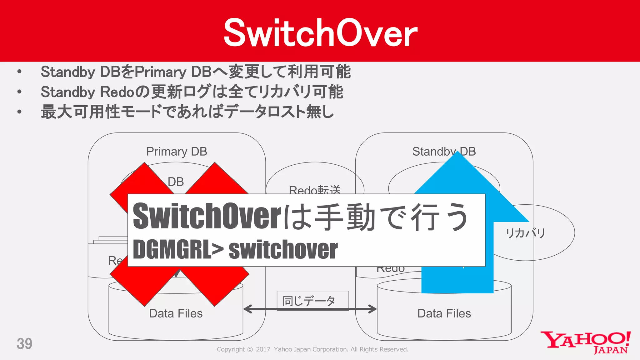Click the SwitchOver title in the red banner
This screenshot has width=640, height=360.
320,33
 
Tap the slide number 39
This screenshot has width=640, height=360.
24,343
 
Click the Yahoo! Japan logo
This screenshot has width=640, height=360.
586,342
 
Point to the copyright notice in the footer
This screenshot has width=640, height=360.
312,349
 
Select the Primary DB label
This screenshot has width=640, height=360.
177,152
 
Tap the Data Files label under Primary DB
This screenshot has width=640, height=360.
176,313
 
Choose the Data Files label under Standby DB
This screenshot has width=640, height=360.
444,313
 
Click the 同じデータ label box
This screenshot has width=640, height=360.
312,301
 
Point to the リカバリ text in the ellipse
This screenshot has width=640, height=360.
526,233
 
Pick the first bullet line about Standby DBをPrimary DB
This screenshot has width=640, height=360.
196,72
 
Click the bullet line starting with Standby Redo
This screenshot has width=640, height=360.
192,92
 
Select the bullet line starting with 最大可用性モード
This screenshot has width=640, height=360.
187,112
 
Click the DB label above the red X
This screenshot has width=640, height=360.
176,182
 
